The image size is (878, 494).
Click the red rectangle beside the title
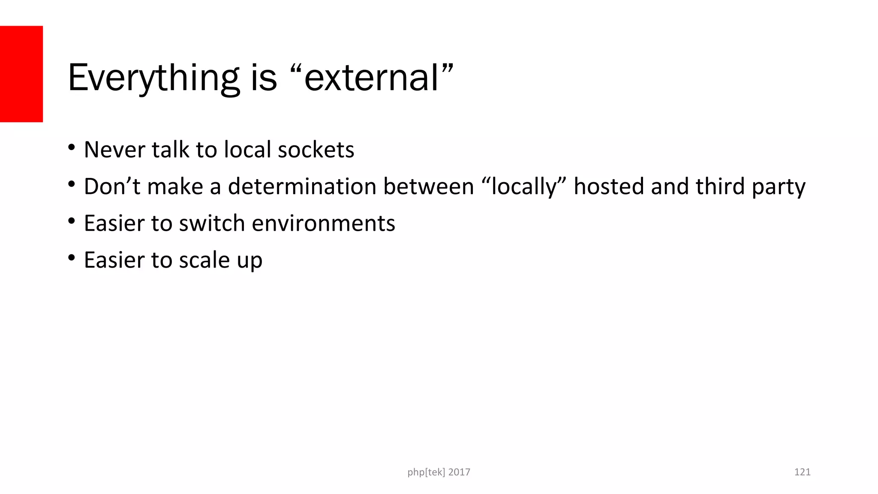pyautogui.click(x=21, y=74)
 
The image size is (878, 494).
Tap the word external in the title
pyautogui.click(x=372, y=78)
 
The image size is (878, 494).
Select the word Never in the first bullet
pyautogui.click(x=114, y=150)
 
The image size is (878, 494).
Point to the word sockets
pyautogui.click(x=316, y=150)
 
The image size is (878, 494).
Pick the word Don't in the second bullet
pyautogui.click(x=112, y=187)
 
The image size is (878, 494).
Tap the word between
pyautogui.click(x=428, y=187)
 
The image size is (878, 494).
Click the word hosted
pyautogui.click(x=609, y=187)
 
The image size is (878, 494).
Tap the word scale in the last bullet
pyautogui.click(x=204, y=260)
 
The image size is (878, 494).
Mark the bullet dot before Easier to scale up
pyautogui.click(x=72, y=258)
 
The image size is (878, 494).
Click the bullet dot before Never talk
pyautogui.click(x=72, y=148)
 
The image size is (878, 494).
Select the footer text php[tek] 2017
pyautogui.click(x=439, y=472)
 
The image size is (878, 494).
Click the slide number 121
pyautogui.click(x=802, y=472)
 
